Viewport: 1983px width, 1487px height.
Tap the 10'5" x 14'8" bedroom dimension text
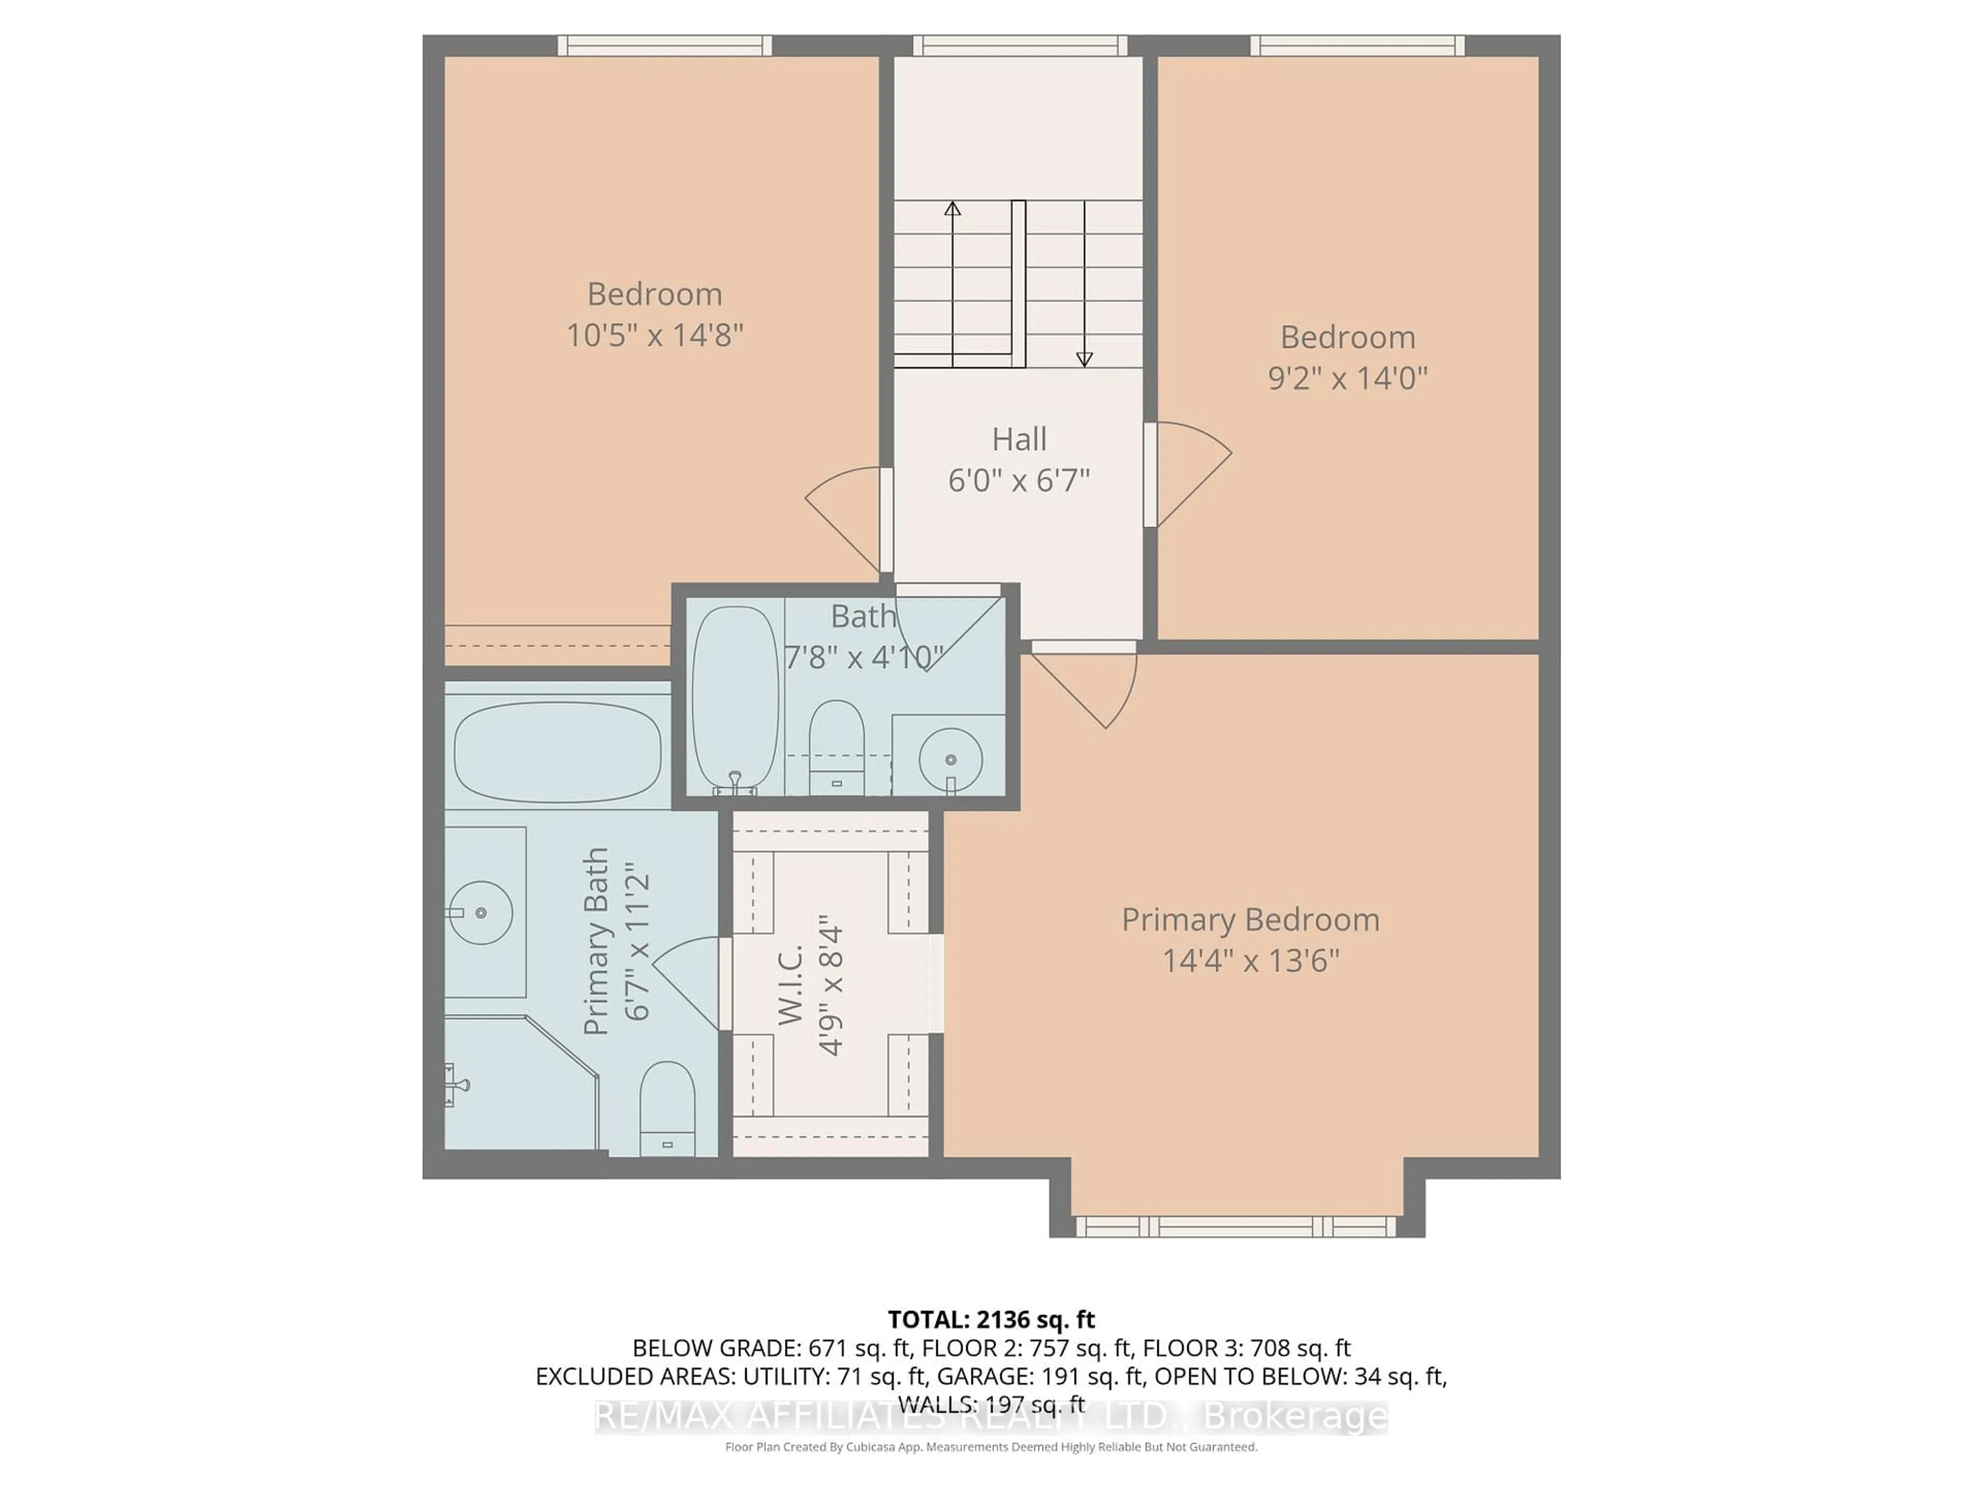pyautogui.click(x=654, y=335)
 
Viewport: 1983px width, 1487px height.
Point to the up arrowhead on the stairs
pyautogui.click(x=952, y=209)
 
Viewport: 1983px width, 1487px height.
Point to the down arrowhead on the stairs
pyautogui.click(x=1084, y=358)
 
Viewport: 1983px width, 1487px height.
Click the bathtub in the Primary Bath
pyautogui.click(x=558, y=751)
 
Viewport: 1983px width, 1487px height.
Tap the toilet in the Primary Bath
pyautogui.click(x=667, y=1108)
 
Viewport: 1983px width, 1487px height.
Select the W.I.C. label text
pyautogui.click(x=791, y=984)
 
